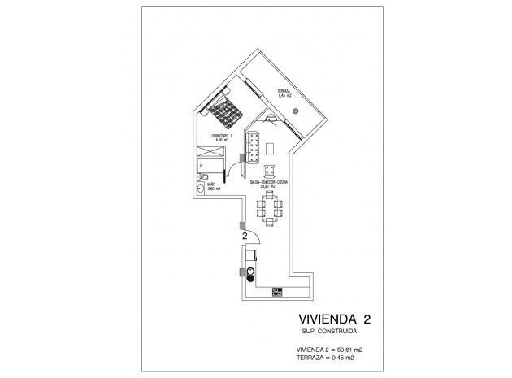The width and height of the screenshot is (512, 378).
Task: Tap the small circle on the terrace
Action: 297,109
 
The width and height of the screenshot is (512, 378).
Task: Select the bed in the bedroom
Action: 224,110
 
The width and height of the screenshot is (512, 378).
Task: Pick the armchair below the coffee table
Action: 270,170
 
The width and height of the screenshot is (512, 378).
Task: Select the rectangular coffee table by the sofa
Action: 270,148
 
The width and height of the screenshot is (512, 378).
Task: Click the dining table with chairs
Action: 269,211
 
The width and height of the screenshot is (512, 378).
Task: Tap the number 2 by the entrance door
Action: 245,236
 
